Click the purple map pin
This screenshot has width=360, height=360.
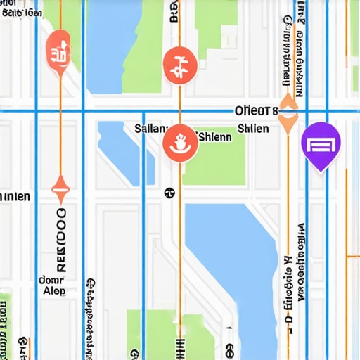(321, 145)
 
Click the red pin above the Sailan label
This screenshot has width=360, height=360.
(179, 65)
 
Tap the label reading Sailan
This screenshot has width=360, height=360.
(151, 129)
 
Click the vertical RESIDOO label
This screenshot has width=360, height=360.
(60, 239)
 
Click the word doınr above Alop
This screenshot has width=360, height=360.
(51, 278)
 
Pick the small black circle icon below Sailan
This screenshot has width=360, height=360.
(169, 192)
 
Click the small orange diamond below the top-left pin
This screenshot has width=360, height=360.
(60, 186)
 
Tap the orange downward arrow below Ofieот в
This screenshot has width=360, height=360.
(288, 124)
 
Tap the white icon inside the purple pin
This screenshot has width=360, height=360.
(321, 145)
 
